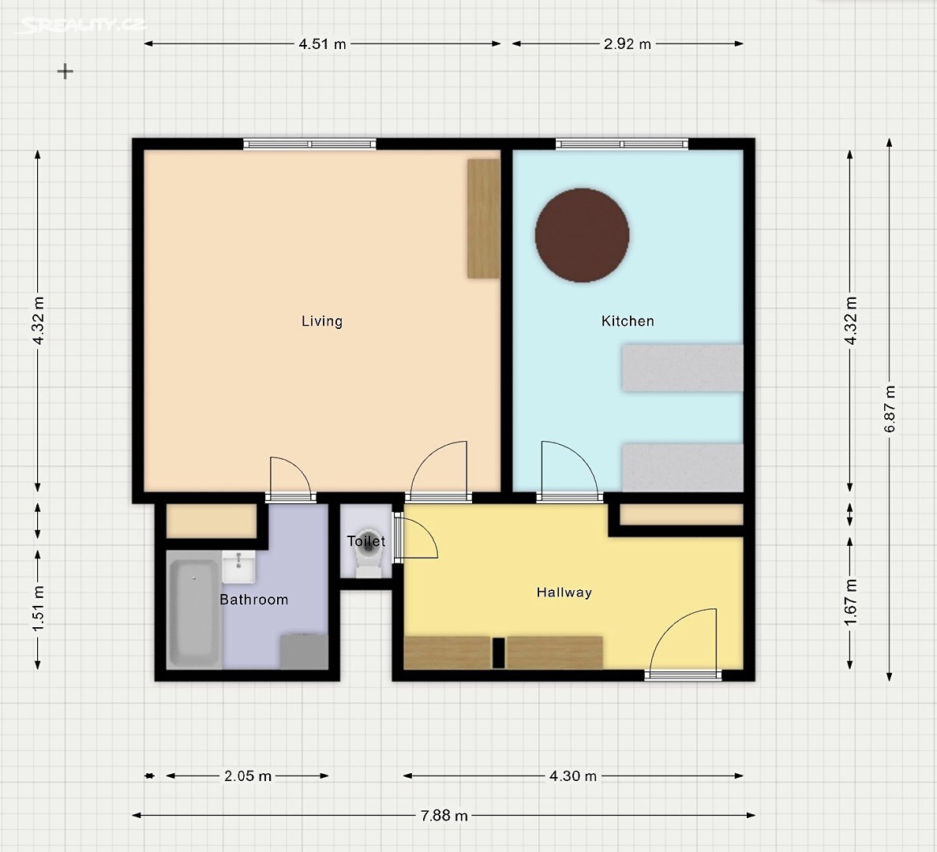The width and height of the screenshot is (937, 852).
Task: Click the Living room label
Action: (321, 321)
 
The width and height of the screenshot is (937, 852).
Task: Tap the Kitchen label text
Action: (628, 321)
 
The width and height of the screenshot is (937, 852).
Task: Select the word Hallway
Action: (564, 592)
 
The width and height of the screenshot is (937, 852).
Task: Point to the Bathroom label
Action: (254, 600)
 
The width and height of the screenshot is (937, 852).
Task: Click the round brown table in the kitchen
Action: (582, 235)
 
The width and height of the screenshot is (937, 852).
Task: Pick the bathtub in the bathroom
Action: (193, 613)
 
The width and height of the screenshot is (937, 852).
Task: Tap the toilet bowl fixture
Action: (369, 553)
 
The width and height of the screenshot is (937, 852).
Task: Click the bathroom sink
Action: (238, 566)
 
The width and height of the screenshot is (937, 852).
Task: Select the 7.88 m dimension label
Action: (444, 816)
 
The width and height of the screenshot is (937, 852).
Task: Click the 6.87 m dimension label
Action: (890, 409)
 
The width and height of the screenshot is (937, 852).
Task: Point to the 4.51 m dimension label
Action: (323, 43)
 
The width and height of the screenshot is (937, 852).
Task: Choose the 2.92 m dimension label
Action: (628, 43)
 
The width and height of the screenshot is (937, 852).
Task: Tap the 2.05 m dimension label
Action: (248, 776)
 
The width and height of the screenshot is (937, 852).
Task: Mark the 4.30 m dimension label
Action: (573, 776)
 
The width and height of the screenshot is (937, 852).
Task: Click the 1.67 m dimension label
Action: (851, 603)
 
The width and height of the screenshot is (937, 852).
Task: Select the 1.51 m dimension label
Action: (38, 609)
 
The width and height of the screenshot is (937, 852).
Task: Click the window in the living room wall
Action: (309, 144)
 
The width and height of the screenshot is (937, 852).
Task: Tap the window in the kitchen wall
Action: (622, 144)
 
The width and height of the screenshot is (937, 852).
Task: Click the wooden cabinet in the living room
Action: (483, 219)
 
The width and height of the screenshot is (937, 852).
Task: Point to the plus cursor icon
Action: (66, 72)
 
